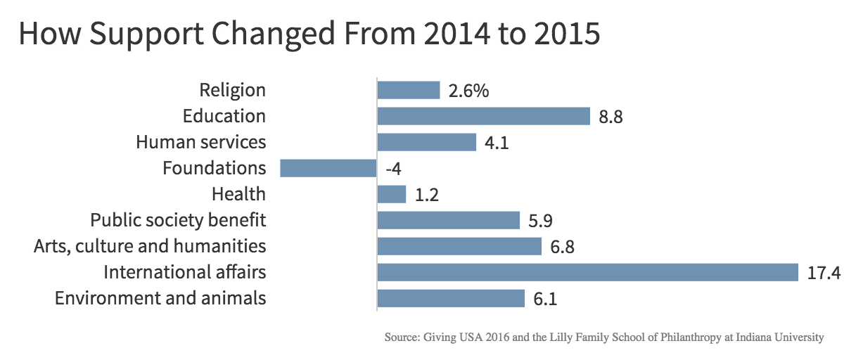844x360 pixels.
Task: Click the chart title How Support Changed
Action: tap(309, 34)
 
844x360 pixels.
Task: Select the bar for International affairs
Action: tap(587, 272)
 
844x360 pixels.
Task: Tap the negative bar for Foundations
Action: tap(328, 168)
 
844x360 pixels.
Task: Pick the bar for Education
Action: tap(483, 116)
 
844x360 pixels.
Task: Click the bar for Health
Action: tap(392, 194)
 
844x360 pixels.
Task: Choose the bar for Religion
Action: tap(408, 90)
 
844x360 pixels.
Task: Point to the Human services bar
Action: tap(426, 142)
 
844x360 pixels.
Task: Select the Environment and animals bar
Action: tap(451, 298)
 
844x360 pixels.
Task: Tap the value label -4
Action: tap(392, 169)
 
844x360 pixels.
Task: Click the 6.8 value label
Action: tap(563, 247)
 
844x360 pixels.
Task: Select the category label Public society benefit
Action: tap(178, 220)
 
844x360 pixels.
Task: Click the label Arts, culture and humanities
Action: tap(150, 246)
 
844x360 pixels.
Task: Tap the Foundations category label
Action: tap(214, 168)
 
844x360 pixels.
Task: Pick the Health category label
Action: tap(238, 194)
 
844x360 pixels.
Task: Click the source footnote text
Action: tap(603, 337)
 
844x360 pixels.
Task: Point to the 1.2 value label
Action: tap(427, 195)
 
